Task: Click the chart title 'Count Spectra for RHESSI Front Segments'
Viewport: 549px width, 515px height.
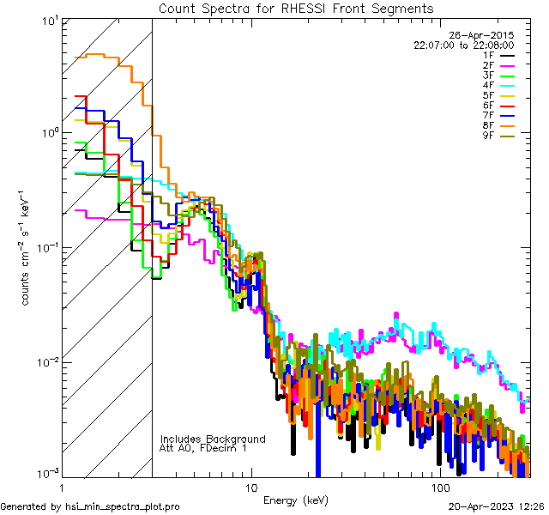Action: click(296, 9)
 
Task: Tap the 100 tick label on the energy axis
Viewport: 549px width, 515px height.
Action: click(439, 488)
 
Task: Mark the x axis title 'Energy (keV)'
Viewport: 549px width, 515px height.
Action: click(296, 500)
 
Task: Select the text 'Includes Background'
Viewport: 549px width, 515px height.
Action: click(213, 439)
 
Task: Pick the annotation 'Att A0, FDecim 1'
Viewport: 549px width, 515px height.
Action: click(203, 449)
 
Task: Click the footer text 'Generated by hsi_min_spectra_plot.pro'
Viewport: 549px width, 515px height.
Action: click(90, 507)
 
